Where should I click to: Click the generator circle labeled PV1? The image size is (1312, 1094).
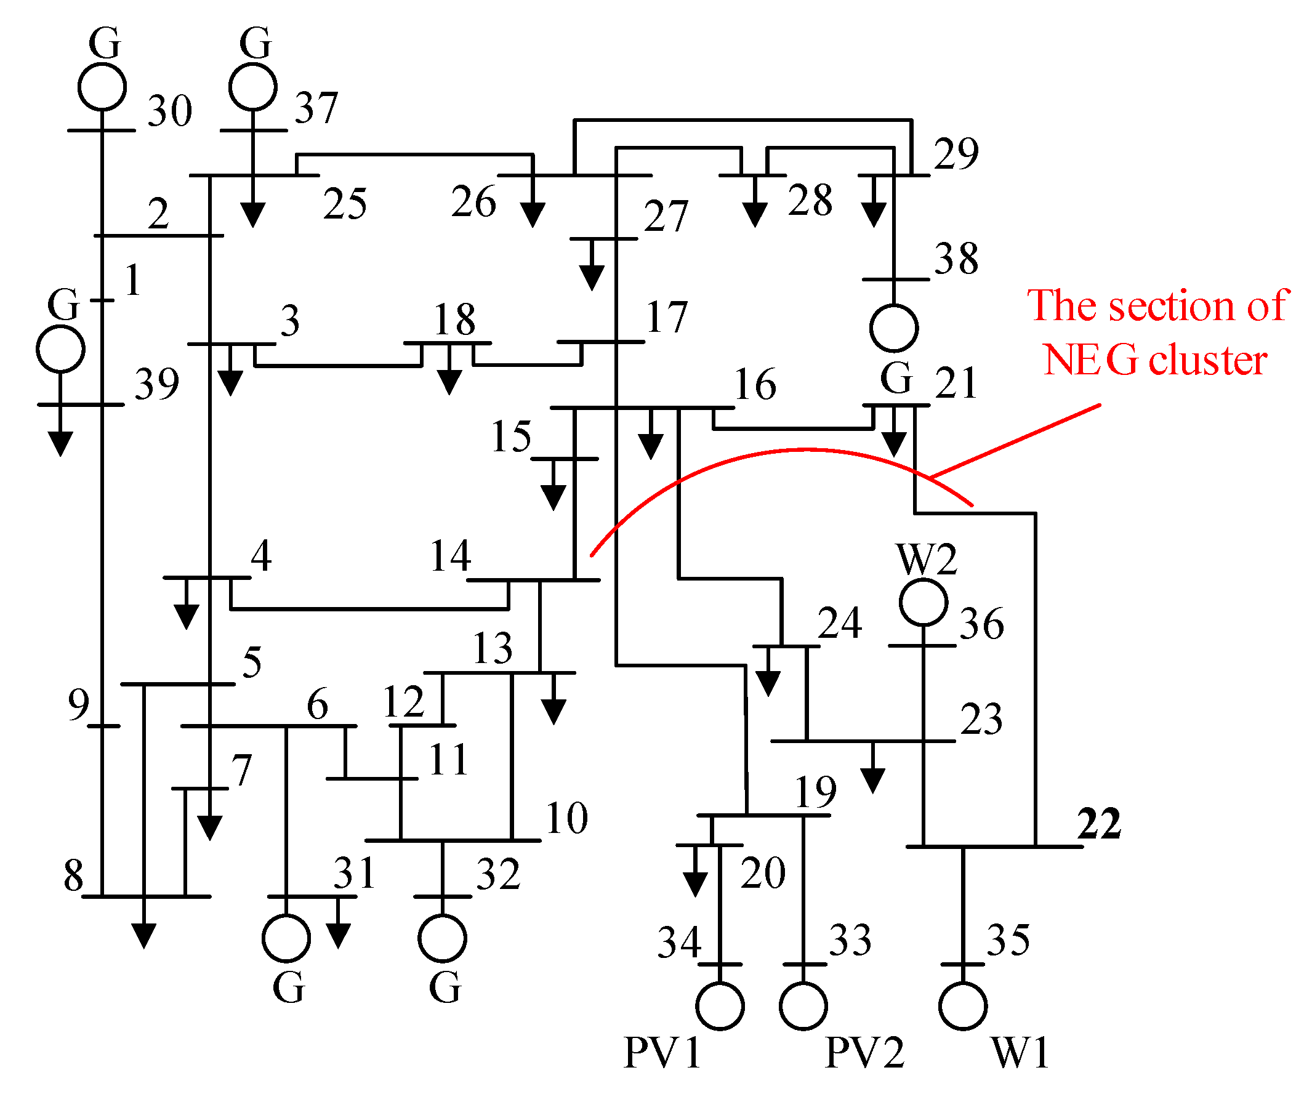click(720, 1006)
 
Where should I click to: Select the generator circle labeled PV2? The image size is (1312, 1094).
click(803, 1006)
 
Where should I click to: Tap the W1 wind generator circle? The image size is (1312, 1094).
click(963, 1006)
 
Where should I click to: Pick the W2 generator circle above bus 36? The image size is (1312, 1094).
click(924, 602)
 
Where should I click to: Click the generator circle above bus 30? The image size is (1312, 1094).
click(102, 87)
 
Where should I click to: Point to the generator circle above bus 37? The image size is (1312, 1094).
click(253, 87)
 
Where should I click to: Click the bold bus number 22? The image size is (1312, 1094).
click(1099, 823)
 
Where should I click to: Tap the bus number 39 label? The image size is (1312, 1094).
click(157, 384)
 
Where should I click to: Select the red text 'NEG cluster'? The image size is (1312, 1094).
click(1155, 361)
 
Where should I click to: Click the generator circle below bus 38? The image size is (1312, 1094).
click(894, 328)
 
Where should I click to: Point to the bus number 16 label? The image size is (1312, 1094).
click(755, 384)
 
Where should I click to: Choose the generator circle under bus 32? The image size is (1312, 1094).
click(442, 938)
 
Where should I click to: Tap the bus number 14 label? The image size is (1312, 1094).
click(451, 555)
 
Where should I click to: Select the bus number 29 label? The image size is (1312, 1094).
click(956, 153)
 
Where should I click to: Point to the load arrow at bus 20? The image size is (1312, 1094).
click(695, 879)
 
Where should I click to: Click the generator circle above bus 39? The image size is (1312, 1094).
click(60, 348)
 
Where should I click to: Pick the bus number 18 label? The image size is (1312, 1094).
click(455, 319)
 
